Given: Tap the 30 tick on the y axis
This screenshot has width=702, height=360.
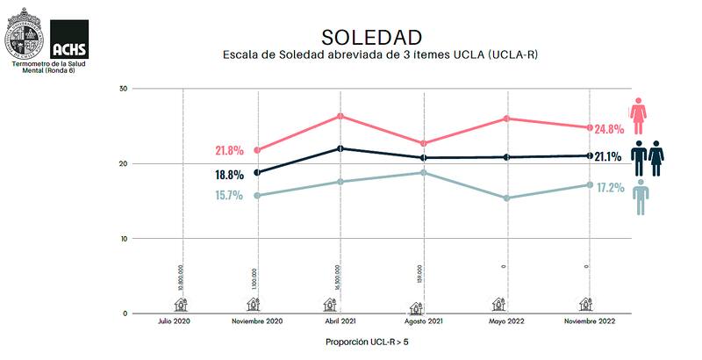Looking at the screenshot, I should coord(124,89).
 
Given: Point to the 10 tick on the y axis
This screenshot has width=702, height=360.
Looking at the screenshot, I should coord(124,239).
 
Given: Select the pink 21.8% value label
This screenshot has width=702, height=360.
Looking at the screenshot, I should coord(229,150).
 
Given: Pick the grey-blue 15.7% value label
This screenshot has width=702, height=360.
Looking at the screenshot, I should coord(229,196).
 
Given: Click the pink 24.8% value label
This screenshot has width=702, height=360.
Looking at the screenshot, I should coord(608,129).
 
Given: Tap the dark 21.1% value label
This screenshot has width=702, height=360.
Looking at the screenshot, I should coord(608,157).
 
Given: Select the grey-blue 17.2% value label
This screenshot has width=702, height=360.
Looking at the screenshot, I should coord(608,187).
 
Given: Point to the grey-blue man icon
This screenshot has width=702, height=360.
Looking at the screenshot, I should coord(642,197).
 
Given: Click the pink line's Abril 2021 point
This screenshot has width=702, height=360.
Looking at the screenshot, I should coord(340,116).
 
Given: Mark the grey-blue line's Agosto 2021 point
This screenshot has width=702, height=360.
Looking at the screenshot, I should coord(423,172).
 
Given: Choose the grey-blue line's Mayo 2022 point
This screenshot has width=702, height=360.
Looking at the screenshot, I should coord(505,198).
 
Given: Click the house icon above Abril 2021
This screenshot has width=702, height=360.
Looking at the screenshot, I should coord(330,304).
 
